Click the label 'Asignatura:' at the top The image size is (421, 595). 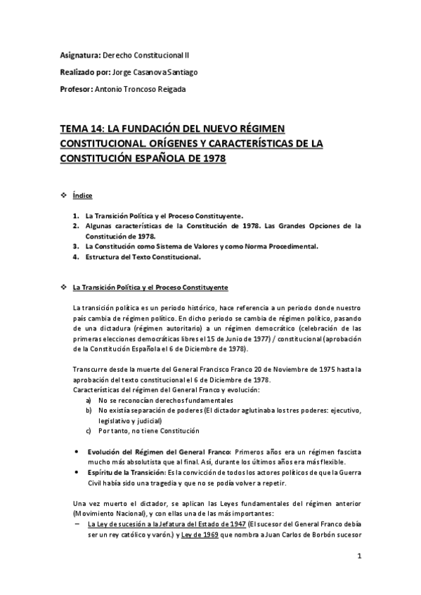click(x=79, y=54)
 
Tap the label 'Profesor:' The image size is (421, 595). click(x=75, y=89)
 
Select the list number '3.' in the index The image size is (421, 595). click(x=75, y=246)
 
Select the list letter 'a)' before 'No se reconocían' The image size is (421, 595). click(x=89, y=399)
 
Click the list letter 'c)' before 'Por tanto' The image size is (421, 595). click(x=89, y=430)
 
